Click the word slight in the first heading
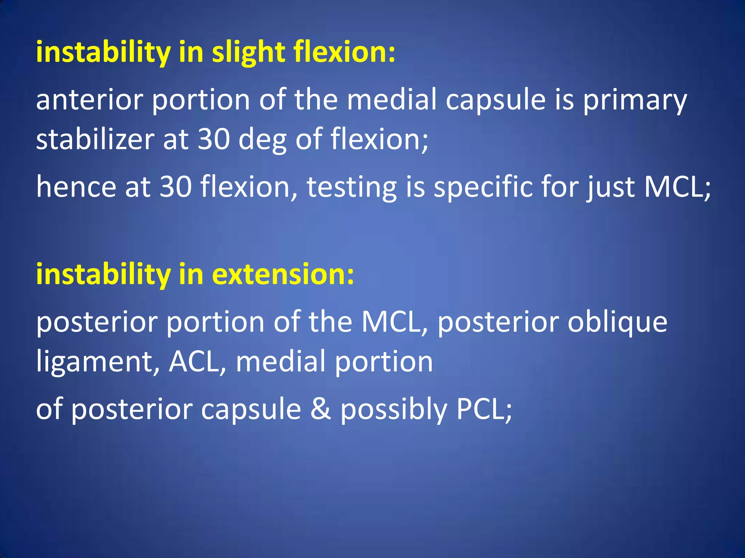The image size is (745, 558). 248,53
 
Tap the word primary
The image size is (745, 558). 635,101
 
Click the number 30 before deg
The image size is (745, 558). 214,140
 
